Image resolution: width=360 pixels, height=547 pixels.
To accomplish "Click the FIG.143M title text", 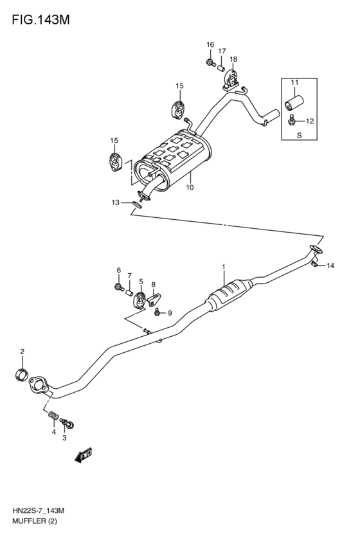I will click(40, 20).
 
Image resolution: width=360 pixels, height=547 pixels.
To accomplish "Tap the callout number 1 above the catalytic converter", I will click(224, 267).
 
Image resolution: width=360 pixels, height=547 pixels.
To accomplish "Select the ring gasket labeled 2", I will click(21, 375).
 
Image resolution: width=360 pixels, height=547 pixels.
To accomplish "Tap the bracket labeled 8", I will click(154, 299).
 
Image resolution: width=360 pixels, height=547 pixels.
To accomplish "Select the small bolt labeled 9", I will click(157, 312).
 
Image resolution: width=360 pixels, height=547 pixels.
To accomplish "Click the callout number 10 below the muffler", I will click(190, 188).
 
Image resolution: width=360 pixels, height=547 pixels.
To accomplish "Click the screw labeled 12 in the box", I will click(292, 120).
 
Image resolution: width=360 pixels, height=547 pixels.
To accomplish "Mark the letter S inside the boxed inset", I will click(299, 136).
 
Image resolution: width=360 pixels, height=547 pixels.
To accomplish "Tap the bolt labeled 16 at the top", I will click(210, 62).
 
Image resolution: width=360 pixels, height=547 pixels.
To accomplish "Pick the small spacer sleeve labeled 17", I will click(221, 66).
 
